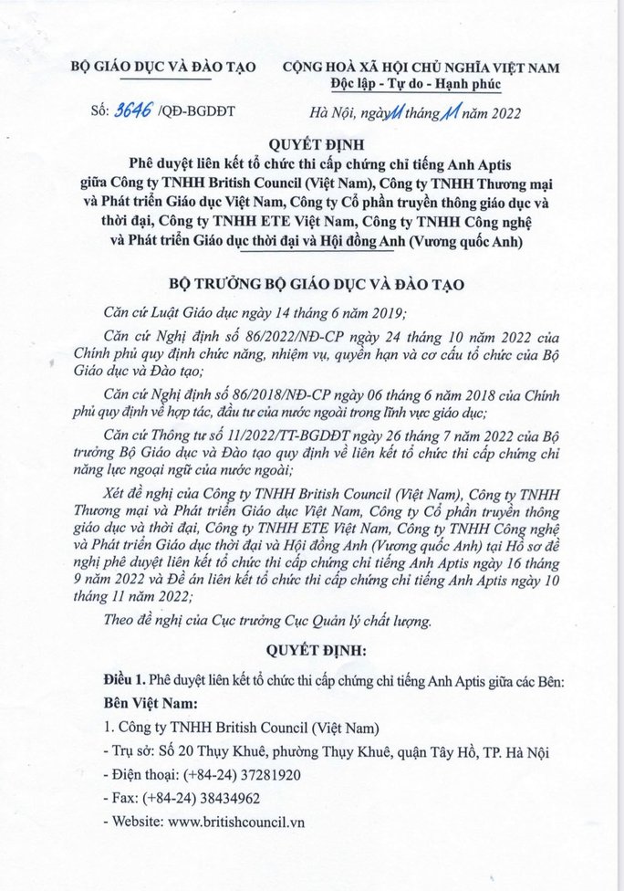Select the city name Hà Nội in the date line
point(334,113)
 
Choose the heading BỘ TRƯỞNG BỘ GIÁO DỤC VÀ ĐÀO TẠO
point(313,283)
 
